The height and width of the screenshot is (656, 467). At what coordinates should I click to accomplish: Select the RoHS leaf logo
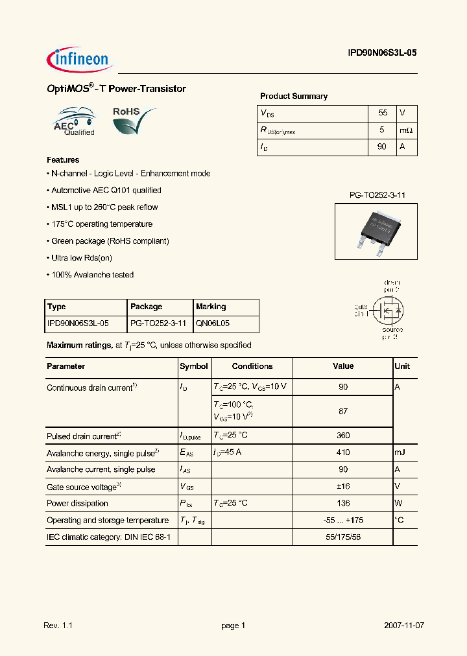pyautogui.click(x=134, y=121)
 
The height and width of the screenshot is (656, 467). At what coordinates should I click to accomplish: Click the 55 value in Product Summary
pyautogui.click(x=382, y=113)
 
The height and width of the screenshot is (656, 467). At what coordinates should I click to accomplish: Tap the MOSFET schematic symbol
pyautogui.click(x=387, y=310)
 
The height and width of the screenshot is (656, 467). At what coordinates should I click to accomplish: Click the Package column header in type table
pyautogui.click(x=147, y=307)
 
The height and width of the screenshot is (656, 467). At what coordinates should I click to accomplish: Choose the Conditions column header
pyautogui.click(x=252, y=366)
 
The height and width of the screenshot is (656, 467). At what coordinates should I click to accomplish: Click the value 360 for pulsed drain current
pyautogui.click(x=343, y=436)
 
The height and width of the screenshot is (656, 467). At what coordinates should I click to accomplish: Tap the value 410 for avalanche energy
pyautogui.click(x=343, y=452)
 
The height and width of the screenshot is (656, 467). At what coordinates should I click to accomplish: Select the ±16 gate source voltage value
pyautogui.click(x=343, y=486)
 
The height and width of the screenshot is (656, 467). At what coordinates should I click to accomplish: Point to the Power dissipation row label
pyautogui.click(x=77, y=503)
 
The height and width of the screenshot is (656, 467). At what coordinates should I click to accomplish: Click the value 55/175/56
pyautogui.click(x=343, y=537)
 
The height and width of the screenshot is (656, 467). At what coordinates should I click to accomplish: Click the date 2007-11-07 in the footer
pyautogui.click(x=404, y=626)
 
